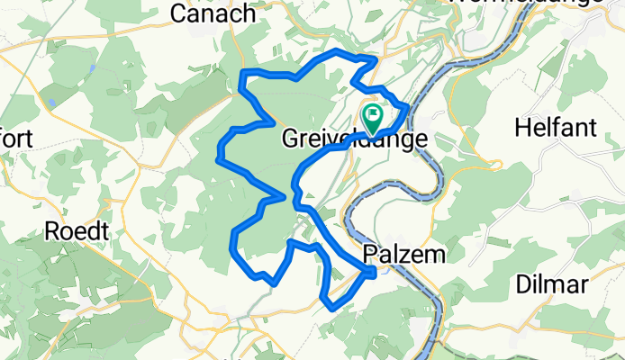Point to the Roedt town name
(x=77, y=231)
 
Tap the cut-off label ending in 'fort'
(x=16, y=139)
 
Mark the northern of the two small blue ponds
(x=93, y=68)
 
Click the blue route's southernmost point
(x=333, y=308)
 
